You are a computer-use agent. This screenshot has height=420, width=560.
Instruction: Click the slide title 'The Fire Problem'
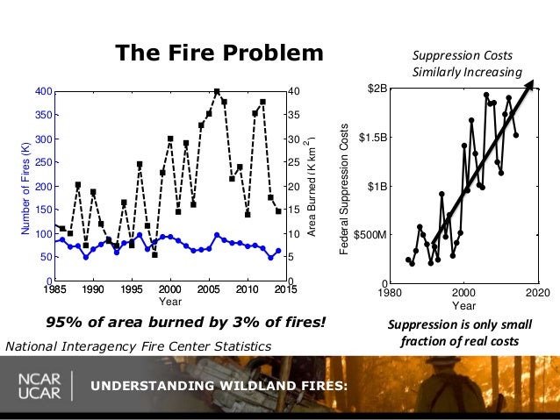[219, 53]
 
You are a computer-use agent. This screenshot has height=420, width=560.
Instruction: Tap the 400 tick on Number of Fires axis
[41, 91]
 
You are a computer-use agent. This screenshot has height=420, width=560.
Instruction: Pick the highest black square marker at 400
[217, 91]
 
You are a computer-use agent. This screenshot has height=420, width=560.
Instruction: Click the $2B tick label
[375, 89]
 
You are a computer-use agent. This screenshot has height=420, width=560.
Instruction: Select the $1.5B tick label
[370, 138]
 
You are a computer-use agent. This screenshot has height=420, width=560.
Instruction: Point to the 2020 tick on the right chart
[537, 292]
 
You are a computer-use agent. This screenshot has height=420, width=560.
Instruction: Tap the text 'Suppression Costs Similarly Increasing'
[466, 64]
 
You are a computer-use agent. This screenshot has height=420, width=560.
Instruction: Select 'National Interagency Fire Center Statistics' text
[138, 346]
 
